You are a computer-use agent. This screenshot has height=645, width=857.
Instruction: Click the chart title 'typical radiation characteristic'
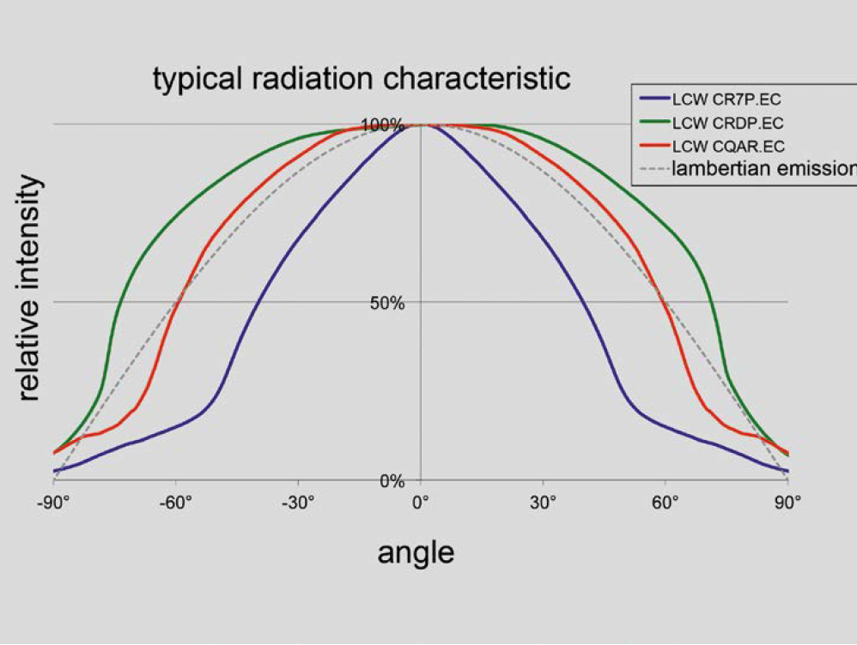pos(362,79)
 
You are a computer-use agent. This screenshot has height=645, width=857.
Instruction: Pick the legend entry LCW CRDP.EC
pos(728,124)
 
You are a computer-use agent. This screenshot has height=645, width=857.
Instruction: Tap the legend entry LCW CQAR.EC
pos(728,146)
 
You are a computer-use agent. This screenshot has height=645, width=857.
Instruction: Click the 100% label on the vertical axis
pos(382,126)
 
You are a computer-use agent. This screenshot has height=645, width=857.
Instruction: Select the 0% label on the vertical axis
pos(392,481)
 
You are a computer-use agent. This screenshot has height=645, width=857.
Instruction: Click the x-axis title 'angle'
pos(416,553)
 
